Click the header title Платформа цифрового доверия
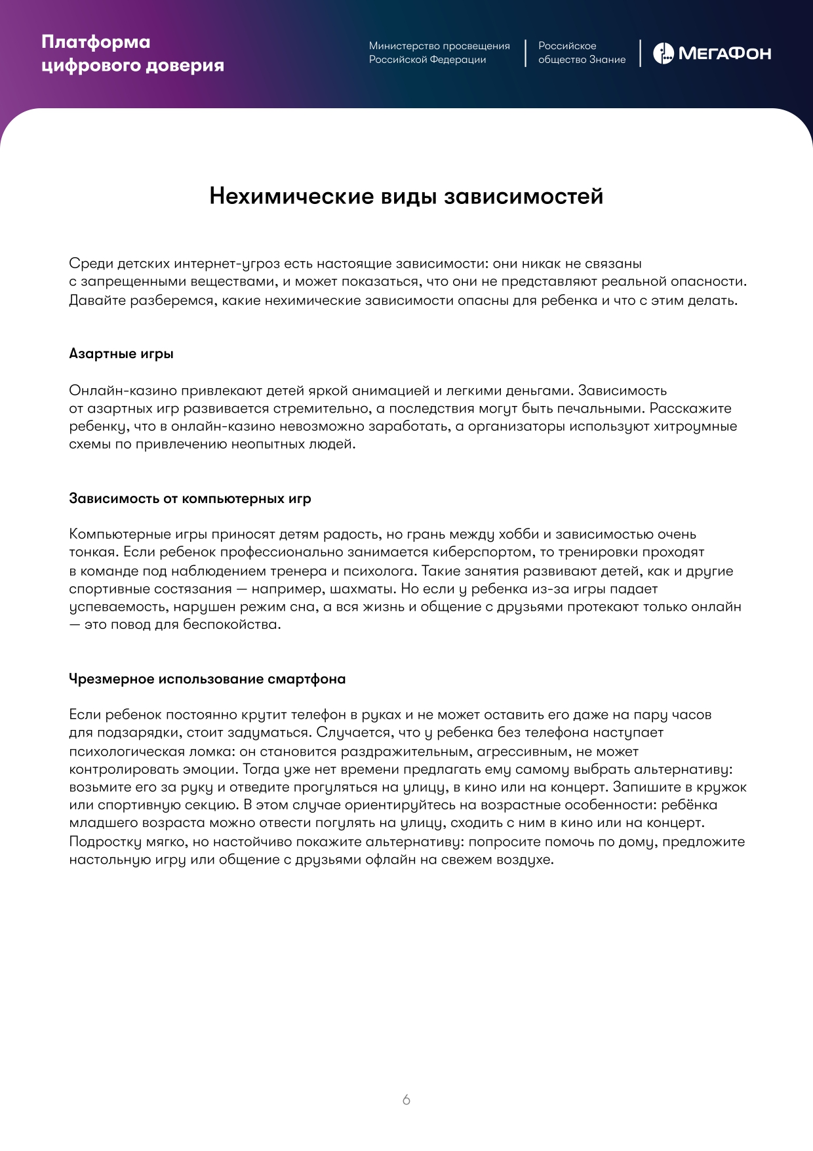pos(132,54)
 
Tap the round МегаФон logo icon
pos(663,53)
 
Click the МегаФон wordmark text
pos(724,54)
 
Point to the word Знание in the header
pos(607,60)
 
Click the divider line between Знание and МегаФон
pos(641,53)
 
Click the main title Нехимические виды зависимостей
pos(406,196)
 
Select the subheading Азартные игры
pos(121,354)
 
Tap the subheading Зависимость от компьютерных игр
pos(190,498)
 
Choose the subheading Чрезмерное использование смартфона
pos(207,679)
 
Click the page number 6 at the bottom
pos(406,1100)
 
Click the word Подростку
pos(105,842)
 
